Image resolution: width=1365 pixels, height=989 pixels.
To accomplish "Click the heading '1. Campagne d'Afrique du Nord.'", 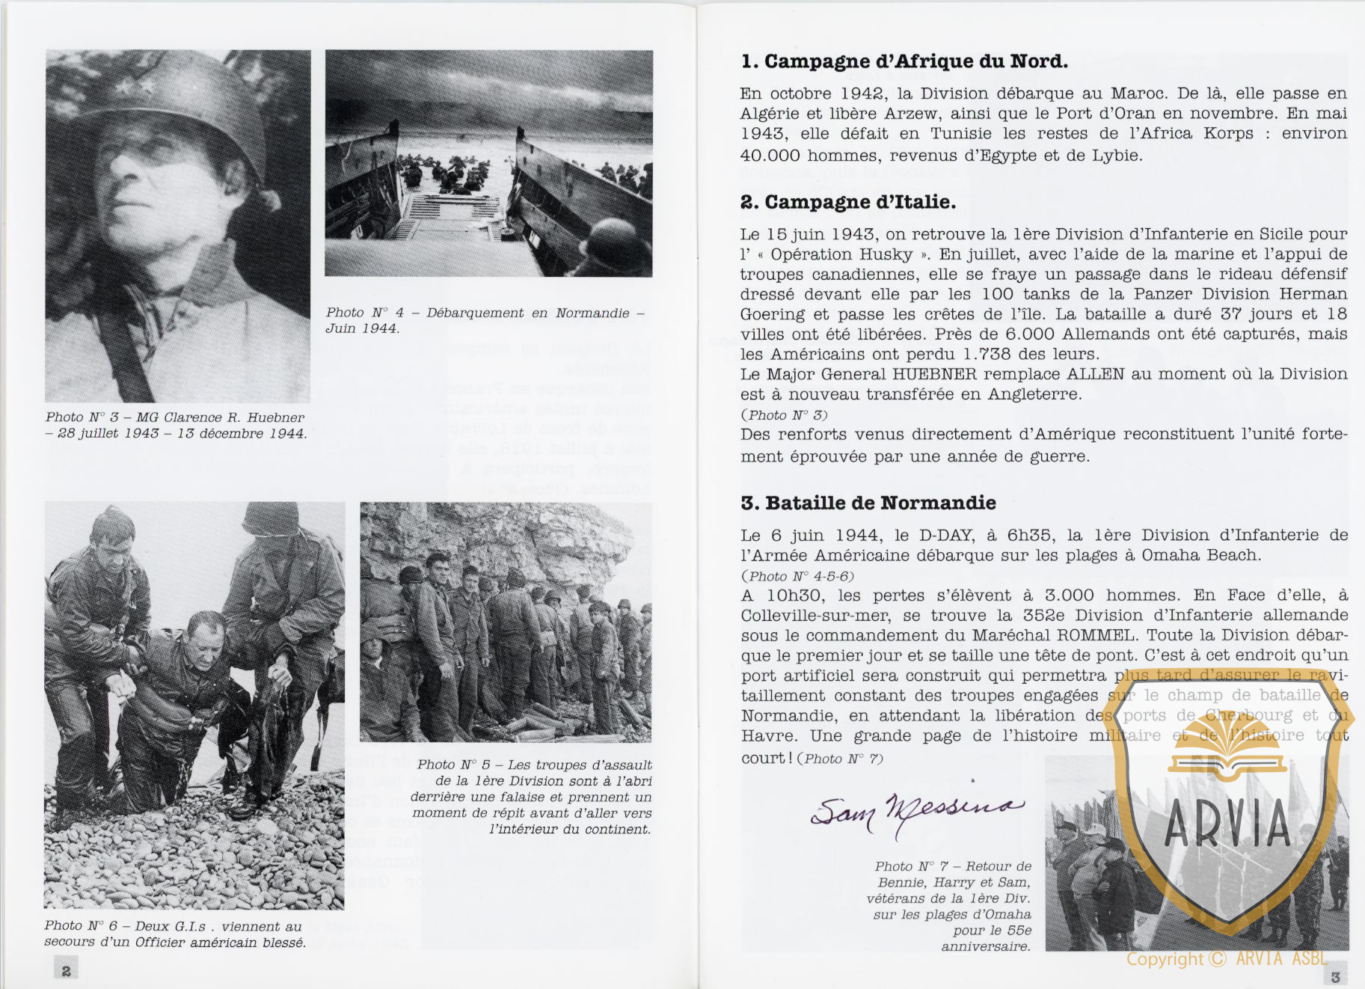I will (x=904, y=61).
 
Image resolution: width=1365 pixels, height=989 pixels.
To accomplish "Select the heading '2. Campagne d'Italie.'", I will (x=847, y=202).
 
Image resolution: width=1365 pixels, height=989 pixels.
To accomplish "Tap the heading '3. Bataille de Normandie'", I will (x=868, y=503).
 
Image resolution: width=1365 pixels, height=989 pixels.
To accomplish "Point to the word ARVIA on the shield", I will (x=1227, y=823).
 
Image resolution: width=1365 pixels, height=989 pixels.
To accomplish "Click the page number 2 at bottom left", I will (x=66, y=970).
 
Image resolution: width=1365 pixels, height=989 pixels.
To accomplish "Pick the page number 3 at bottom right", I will (x=1336, y=976).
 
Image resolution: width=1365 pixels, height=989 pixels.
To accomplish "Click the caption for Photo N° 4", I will (x=484, y=320).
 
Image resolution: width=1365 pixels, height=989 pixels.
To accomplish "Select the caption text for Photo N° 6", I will (x=174, y=934).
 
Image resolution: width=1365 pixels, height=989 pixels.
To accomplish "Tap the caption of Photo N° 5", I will (x=531, y=797).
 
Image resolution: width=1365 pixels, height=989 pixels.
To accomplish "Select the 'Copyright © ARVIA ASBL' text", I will (x=1227, y=959).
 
